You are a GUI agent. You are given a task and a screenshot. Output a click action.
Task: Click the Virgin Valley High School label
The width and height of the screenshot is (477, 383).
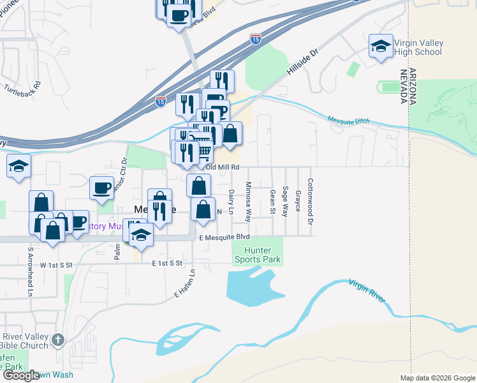pos(418,47)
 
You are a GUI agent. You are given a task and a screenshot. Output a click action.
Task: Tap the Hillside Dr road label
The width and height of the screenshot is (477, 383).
pos(302,64)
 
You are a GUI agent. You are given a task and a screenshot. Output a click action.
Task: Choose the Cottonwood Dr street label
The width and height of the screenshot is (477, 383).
pos(311,193)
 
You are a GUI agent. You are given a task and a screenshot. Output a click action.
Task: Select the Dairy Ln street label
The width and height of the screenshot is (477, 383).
pos(231,201)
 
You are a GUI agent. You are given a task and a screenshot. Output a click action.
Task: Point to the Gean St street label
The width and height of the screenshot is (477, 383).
pos(272,202)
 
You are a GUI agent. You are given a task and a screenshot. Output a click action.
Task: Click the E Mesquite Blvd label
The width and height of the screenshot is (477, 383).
pos(224,237)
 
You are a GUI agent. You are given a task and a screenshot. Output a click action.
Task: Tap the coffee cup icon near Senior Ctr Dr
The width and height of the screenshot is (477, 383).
pos(101,188)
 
